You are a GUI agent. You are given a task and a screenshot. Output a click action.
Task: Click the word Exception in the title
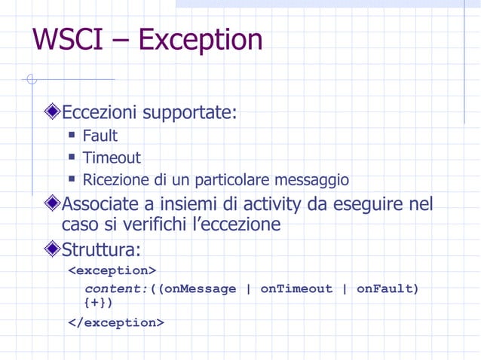click(x=201, y=40)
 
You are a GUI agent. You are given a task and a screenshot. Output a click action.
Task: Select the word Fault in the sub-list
click(x=100, y=136)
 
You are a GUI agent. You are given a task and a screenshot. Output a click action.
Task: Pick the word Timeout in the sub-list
click(x=112, y=158)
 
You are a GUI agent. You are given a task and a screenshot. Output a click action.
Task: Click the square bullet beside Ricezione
click(x=72, y=180)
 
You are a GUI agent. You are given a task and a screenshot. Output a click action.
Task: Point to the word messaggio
click(x=311, y=181)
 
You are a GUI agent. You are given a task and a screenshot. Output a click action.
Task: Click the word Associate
click(x=100, y=204)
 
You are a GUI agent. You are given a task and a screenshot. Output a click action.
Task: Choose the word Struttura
click(x=100, y=249)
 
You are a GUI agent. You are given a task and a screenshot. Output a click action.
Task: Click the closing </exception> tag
click(x=116, y=323)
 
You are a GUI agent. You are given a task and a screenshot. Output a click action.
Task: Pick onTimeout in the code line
click(x=296, y=289)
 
